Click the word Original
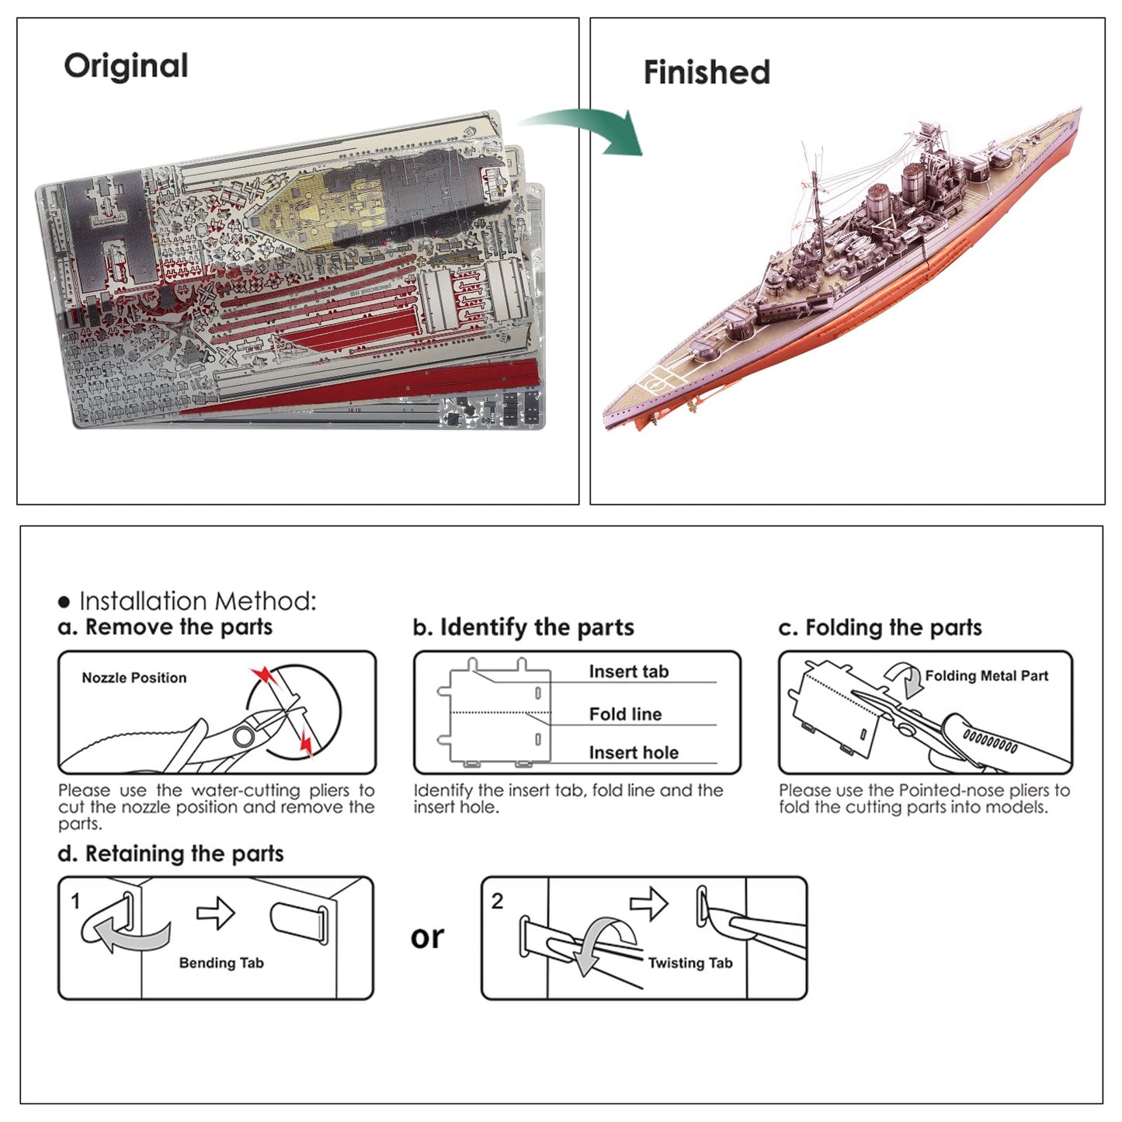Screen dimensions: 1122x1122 (126, 66)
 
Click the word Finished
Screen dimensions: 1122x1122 (707, 72)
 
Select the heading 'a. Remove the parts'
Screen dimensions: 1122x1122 (165, 627)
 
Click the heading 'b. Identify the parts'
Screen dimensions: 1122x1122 (523, 627)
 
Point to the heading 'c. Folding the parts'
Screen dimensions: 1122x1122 (880, 627)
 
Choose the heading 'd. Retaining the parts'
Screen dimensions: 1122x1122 (171, 853)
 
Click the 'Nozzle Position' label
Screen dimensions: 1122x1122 (134, 678)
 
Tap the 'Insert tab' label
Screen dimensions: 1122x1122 (628, 672)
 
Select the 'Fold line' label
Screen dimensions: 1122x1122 (625, 714)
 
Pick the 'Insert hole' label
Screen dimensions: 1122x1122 (634, 752)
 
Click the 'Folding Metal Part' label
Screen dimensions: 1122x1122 (986, 676)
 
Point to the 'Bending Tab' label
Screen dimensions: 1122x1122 (221, 963)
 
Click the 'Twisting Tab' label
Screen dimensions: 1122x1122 (690, 963)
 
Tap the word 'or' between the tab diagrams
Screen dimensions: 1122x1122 (427, 937)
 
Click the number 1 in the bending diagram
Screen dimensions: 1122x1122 (75, 901)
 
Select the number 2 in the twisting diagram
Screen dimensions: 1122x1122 (498, 901)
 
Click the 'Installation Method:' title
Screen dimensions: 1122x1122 (198, 601)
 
